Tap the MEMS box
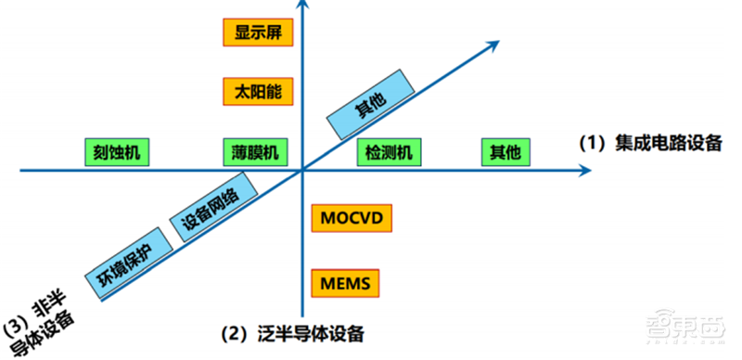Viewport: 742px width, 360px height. pos(346,279)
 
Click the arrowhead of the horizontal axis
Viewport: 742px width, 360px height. pos(584,171)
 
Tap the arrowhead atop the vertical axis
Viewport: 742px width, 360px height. pos(303,7)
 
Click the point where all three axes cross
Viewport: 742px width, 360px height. pos(303,171)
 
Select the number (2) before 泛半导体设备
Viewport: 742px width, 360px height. pos(233,333)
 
